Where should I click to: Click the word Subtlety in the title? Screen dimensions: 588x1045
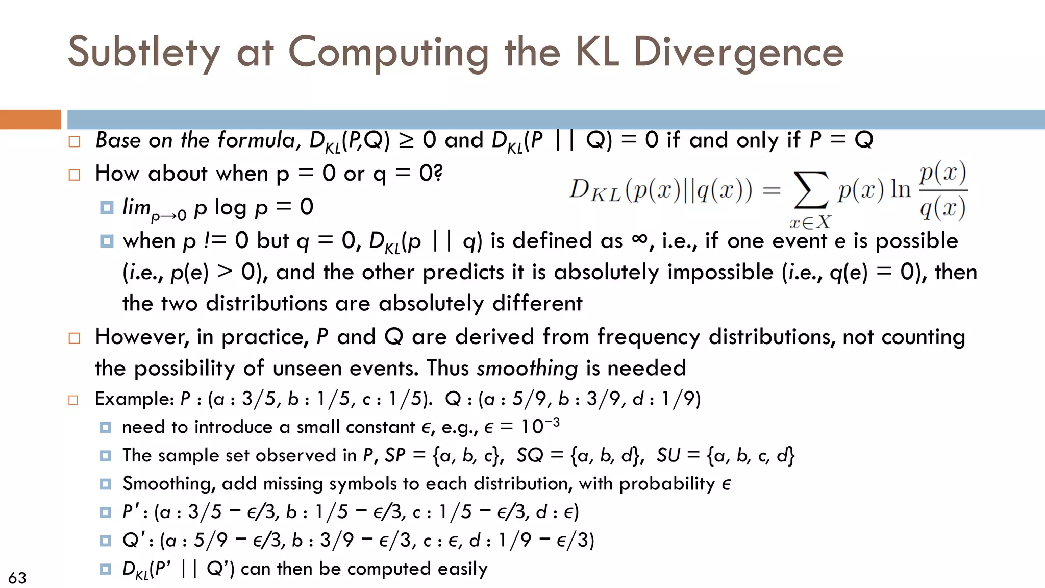click(144, 53)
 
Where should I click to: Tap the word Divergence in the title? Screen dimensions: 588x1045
click(738, 53)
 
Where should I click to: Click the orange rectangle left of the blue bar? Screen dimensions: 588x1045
click(30, 119)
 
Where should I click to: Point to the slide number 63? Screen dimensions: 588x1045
click(17, 578)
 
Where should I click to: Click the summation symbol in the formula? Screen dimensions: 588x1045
click(810, 190)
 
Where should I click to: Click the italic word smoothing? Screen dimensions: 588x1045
click(527, 368)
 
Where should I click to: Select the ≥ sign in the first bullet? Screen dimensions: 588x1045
click(406, 140)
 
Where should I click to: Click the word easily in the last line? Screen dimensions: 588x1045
click(462, 569)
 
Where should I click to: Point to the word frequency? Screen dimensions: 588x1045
click(648, 337)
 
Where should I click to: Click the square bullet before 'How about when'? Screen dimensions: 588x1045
click(74, 175)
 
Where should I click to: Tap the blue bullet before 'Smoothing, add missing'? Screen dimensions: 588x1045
click(106, 483)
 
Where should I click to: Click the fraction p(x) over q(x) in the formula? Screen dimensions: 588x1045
click(943, 190)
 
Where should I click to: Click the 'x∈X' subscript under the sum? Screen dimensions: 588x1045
click(810, 222)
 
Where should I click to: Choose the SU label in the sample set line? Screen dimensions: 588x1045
click(668, 455)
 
